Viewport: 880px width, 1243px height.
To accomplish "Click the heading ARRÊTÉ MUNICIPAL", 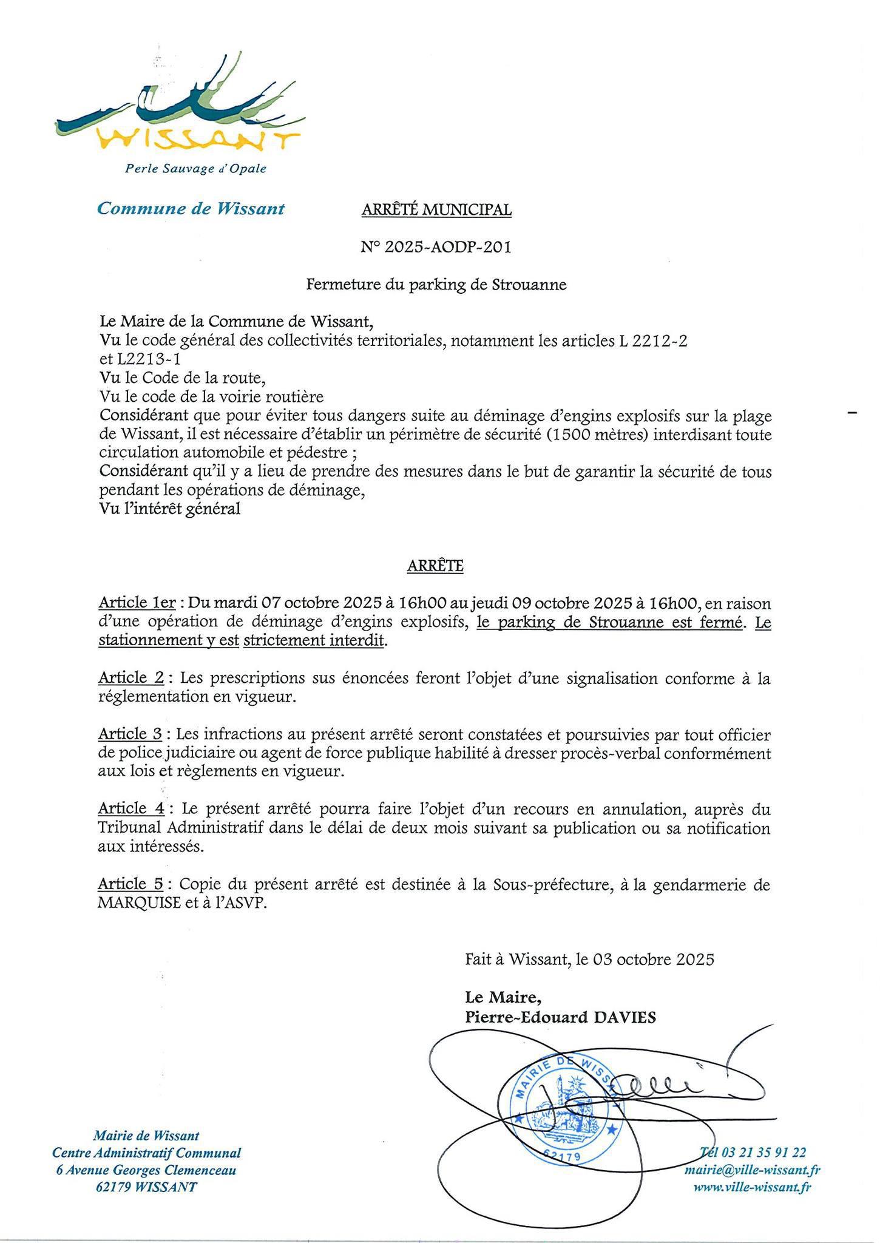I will pos(436,210).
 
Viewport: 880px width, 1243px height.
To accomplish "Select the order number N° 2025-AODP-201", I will pos(436,247).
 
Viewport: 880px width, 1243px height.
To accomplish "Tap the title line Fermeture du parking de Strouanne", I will pos(436,285).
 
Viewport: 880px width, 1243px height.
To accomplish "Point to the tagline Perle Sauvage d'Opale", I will pos(195,168).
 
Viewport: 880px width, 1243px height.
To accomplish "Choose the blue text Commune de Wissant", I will pos(191,209).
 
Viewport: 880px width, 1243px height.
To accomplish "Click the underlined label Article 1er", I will pos(137,603).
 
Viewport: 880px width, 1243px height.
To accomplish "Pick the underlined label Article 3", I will pos(130,734).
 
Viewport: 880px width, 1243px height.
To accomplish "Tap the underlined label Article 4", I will pos(130,809).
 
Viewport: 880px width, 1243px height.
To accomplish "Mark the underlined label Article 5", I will pos(130,884).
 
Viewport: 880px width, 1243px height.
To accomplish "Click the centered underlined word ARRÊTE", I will pos(435,566).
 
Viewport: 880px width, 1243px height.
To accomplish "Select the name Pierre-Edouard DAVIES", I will pos(560,1017).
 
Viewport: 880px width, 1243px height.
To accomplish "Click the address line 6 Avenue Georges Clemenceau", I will pos(146,1170).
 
